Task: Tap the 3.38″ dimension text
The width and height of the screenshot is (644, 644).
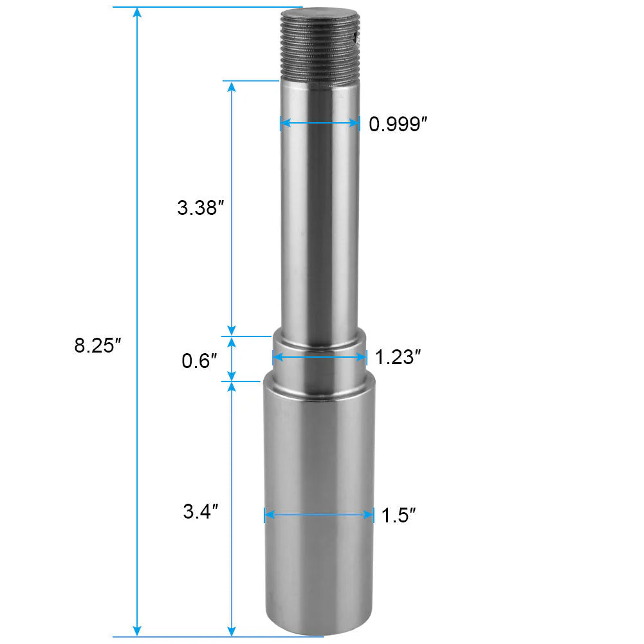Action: (x=200, y=208)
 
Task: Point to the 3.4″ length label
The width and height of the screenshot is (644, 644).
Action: (x=201, y=512)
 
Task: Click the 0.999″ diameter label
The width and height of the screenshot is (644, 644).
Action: (x=398, y=124)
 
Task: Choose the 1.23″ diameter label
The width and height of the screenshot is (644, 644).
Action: (x=398, y=357)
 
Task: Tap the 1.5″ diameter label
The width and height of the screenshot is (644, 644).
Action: (x=398, y=515)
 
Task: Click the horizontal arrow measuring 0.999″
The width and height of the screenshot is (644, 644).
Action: (x=320, y=123)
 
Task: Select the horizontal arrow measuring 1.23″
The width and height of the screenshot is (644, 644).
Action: (x=319, y=356)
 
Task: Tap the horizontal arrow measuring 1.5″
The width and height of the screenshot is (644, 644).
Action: (x=319, y=515)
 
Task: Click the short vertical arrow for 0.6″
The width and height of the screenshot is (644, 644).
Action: (x=232, y=359)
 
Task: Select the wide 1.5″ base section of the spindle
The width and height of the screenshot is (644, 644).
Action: (x=319, y=463)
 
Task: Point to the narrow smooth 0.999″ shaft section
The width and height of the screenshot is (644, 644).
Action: (x=319, y=225)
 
